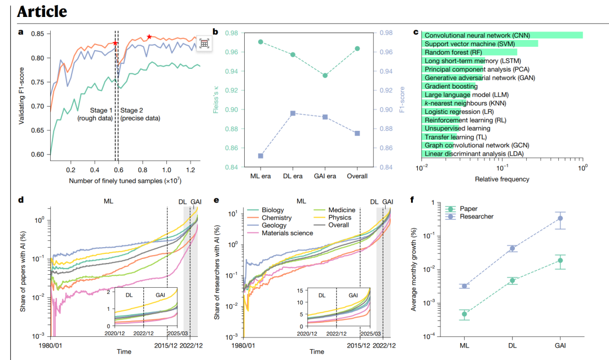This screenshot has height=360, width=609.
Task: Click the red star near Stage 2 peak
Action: tap(149, 37)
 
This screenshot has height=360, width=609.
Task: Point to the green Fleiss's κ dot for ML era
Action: tap(261, 42)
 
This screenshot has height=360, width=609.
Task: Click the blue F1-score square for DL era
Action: tap(293, 113)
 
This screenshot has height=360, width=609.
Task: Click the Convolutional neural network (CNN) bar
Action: tap(502, 35)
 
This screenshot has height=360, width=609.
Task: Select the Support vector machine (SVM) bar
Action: tap(479, 43)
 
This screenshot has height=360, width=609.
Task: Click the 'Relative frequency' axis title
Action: tap(501, 179)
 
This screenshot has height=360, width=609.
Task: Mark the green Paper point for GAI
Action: tap(560, 260)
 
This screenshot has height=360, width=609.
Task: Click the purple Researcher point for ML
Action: tap(464, 286)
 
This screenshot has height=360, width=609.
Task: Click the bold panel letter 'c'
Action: tap(416, 32)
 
